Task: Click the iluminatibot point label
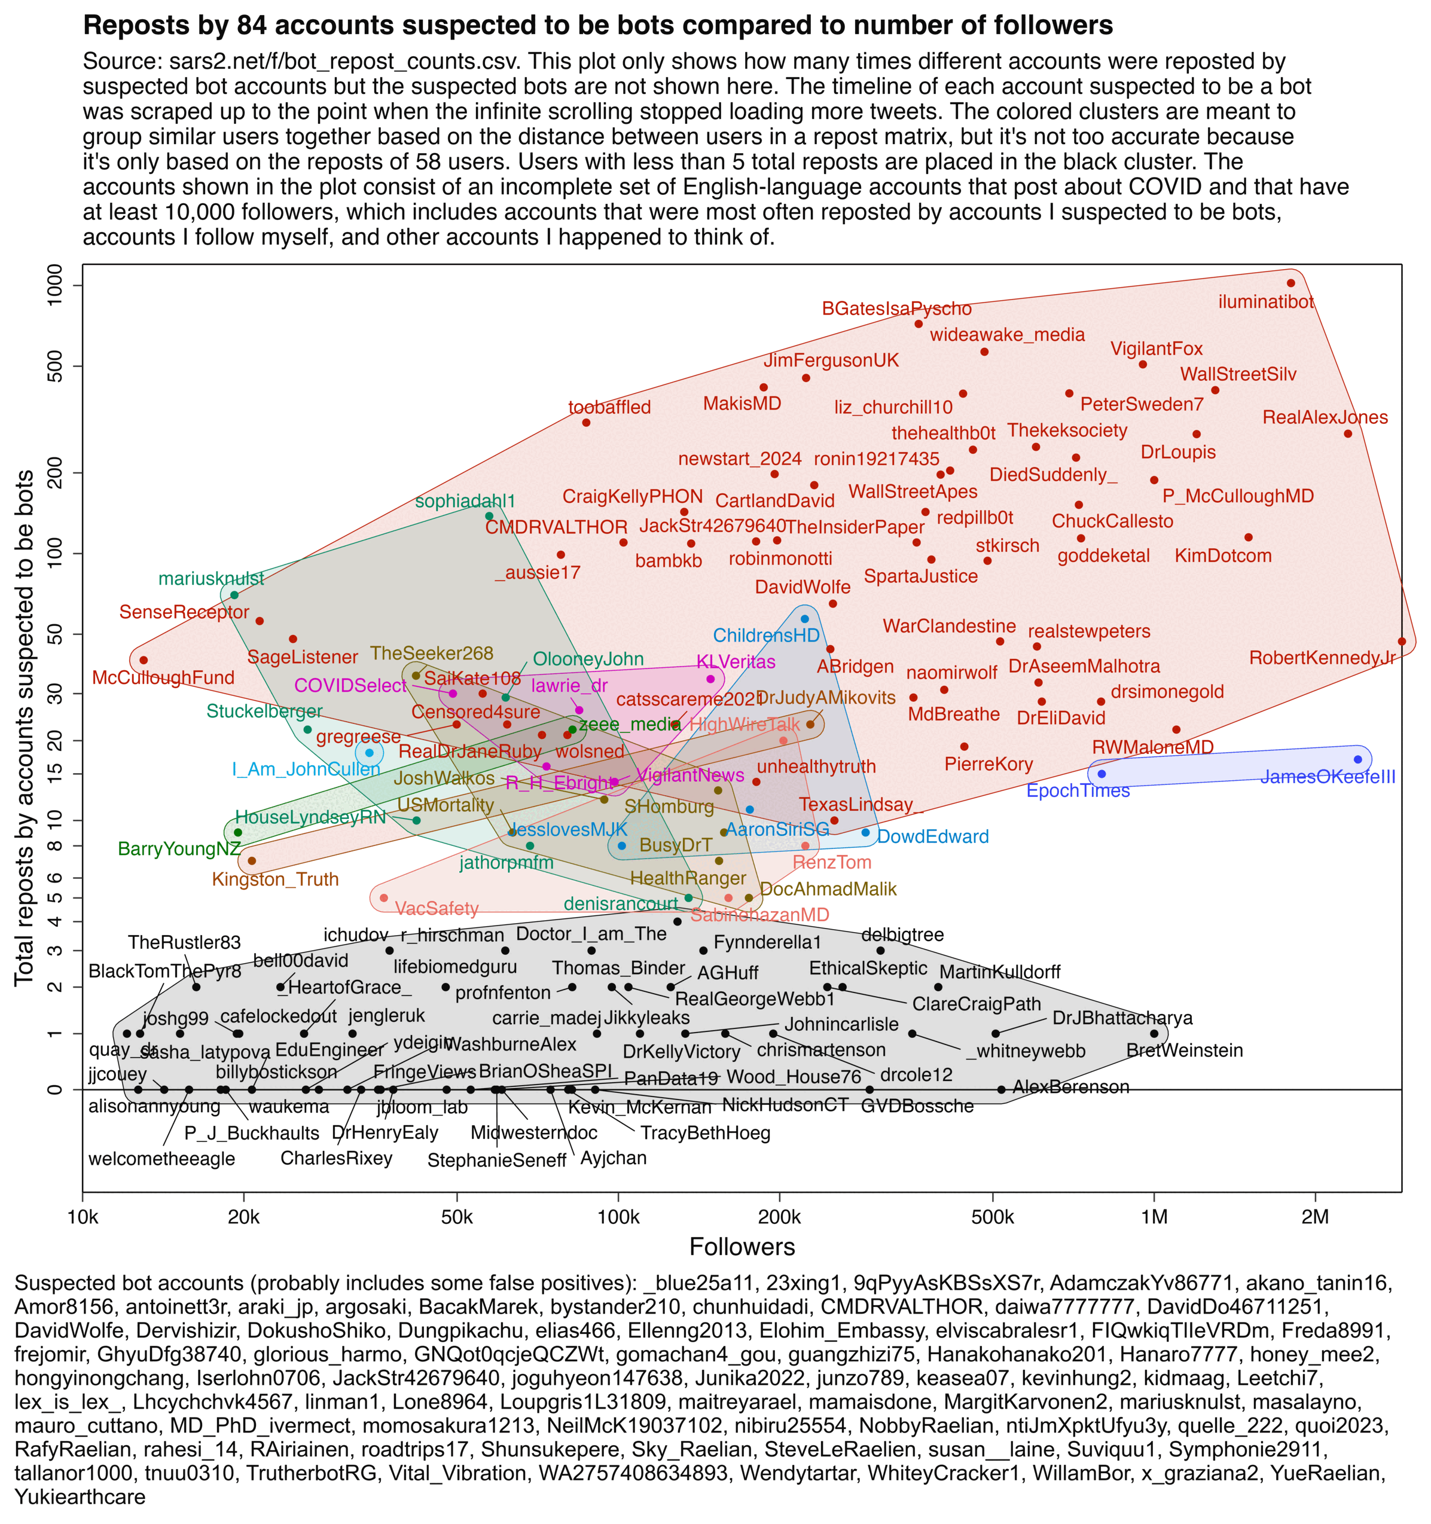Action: point(1265,302)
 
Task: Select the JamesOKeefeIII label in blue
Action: point(1328,777)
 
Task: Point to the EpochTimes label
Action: point(1078,790)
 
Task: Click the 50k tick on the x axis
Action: point(457,1217)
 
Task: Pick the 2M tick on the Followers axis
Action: point(1315,1217)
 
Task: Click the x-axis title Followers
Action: point(742,1247)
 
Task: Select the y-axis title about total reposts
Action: point(25,728)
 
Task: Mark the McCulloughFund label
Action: point(163,677)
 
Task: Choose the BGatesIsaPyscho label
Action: point(896,309)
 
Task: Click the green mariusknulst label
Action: point(211,578)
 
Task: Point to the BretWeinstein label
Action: point(1184,1050)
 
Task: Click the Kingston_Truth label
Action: point(275,879)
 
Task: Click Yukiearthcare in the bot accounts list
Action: point(80,1496)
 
